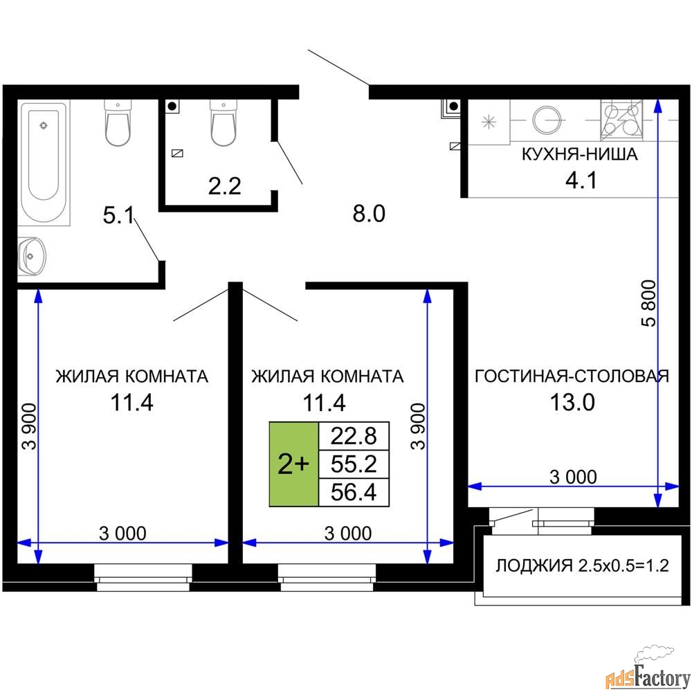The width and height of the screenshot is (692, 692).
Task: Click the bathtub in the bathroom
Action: pyautogui.click(x=44, y=163)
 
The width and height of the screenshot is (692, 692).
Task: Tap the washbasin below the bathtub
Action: pyautogui.click(x=32, y=257)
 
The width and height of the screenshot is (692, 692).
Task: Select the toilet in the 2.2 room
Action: pyautogui.click(x=224, y=122)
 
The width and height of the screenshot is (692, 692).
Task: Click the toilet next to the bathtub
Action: pyautogui.click(x=118, y=122)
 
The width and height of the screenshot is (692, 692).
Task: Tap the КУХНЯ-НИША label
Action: pyautogui.click(x=579, y=154)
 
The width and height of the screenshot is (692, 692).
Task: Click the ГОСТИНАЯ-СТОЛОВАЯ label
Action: pyautogui.click(x=572, y=376)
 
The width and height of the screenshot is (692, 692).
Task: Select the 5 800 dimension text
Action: pyautogui.click(x=649, y=303)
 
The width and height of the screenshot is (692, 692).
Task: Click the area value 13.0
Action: pyautogui.click(x=572, y=402)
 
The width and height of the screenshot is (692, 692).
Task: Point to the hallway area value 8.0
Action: pyautogui.click(x=369, y=214)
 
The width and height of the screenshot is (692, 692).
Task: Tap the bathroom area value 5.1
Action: pyautogui.click(x=118, y=215)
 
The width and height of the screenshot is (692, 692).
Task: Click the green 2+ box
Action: pyautogui.click(x=294, y=464)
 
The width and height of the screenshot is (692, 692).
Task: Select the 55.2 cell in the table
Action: pyautogui.click(x=354, y=464)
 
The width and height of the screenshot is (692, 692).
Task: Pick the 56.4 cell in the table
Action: pyautogui.click(x=354, y=492)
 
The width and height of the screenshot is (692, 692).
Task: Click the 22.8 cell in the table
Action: pyautogui.click(x=354, y=436)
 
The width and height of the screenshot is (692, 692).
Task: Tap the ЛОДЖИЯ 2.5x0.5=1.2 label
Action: pyautogui.click(x=582, y=565)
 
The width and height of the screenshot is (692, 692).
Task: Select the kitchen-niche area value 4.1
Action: pyautogui.click(x=581, y=180)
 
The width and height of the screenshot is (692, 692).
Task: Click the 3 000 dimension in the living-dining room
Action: pyautogui.click(x=573, y=477)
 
